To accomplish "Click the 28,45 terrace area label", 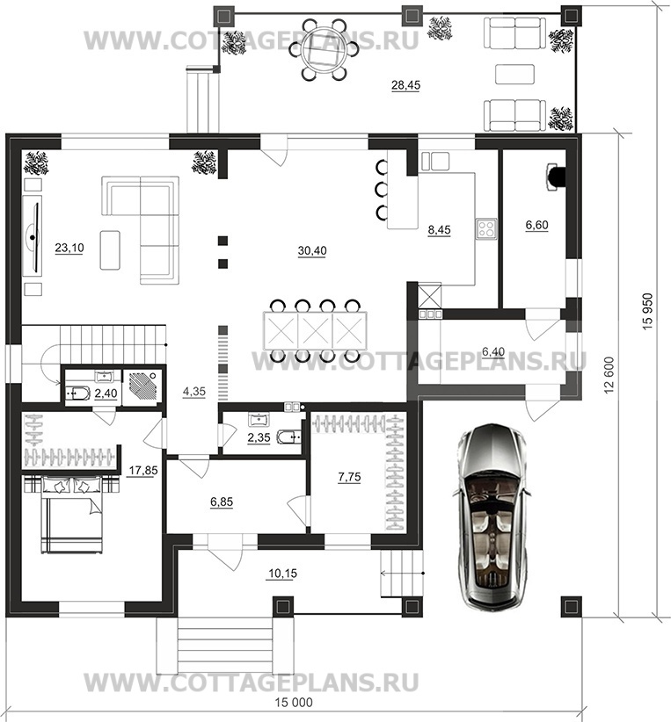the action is (405, 85).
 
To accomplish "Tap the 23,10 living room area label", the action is (69, 248).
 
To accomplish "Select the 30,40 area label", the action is (312, 250).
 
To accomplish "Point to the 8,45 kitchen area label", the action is (439, 230).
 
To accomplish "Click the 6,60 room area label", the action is (536, 225).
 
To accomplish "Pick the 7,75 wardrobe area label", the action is (349, 477).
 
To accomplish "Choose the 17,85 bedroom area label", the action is (143, 471).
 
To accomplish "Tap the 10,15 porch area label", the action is (282, 574).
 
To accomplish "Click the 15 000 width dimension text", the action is (294, 702).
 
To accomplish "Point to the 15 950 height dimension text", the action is (646, 311).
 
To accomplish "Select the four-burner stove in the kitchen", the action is (486, 228).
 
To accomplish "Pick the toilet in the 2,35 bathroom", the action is (288, 436).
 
